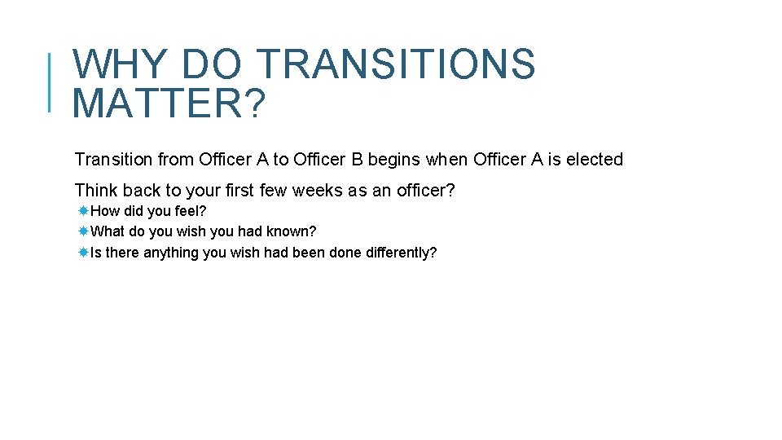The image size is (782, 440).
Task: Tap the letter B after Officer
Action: [357, 160]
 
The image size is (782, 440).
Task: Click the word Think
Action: [96, 191]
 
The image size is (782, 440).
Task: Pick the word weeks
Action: [319, 191]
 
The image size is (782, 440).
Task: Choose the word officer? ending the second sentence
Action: [426, 191]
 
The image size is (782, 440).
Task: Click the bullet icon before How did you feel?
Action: [83, 211]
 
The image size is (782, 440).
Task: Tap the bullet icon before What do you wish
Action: [83, 231]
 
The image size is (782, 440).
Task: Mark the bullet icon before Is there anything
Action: [83, 253]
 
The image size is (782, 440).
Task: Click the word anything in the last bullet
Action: [171, 253]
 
